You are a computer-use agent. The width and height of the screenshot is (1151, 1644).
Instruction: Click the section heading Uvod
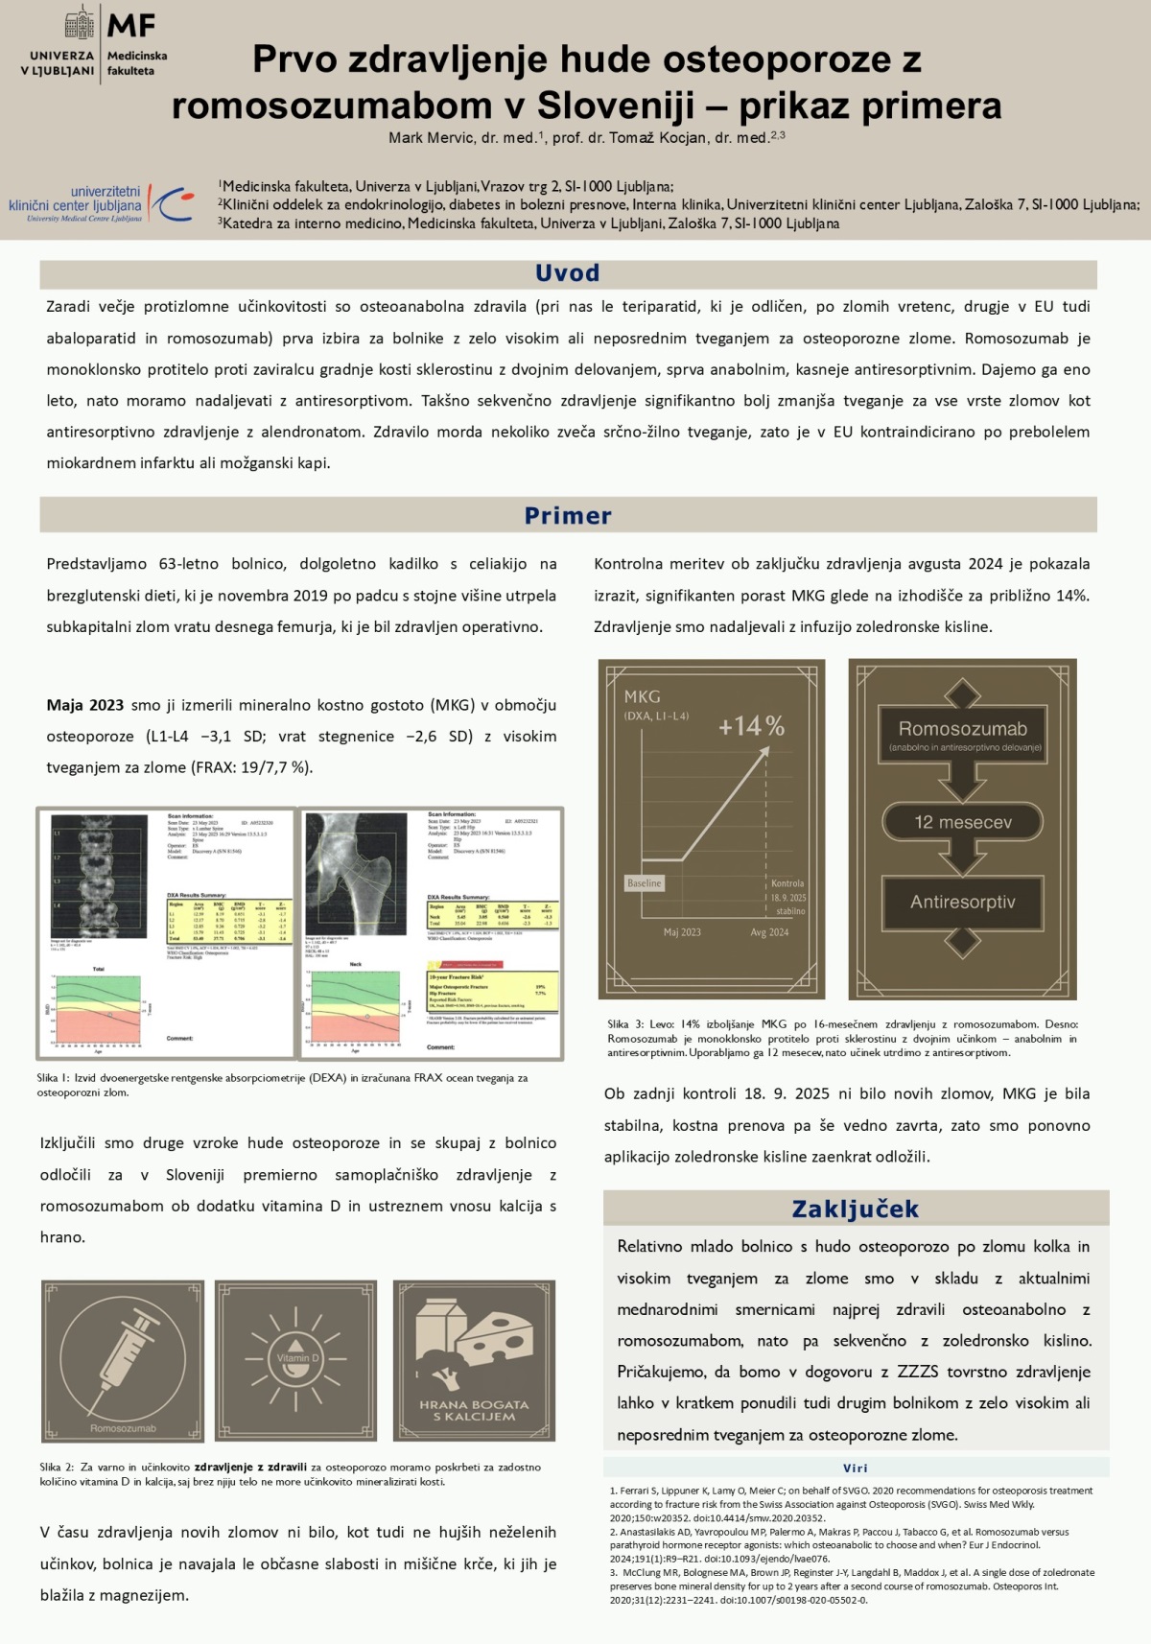coord(567,273)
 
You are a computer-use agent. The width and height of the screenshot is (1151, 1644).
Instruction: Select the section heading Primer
coord(567,516)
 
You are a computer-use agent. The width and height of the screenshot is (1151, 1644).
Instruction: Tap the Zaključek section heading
coord(855,1209)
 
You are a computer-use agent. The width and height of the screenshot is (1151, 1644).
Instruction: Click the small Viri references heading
coord(855,1468)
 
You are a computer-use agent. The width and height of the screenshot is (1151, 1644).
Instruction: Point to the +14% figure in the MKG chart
coord(751,726)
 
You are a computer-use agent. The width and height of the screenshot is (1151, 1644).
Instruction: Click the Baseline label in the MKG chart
coord(644,883)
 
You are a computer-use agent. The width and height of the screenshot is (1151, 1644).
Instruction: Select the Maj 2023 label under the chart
coord(682,932)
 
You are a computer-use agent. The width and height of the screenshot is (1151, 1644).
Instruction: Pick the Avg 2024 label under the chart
coord(769,932)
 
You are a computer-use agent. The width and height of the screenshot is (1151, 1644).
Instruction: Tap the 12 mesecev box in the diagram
coord(962,822)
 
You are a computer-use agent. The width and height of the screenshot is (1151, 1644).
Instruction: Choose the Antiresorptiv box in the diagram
coord(962,902)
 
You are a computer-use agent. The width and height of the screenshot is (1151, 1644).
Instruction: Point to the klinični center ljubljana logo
coord(101,204)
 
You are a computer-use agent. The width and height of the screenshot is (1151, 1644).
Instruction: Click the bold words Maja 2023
coord(84,705)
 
